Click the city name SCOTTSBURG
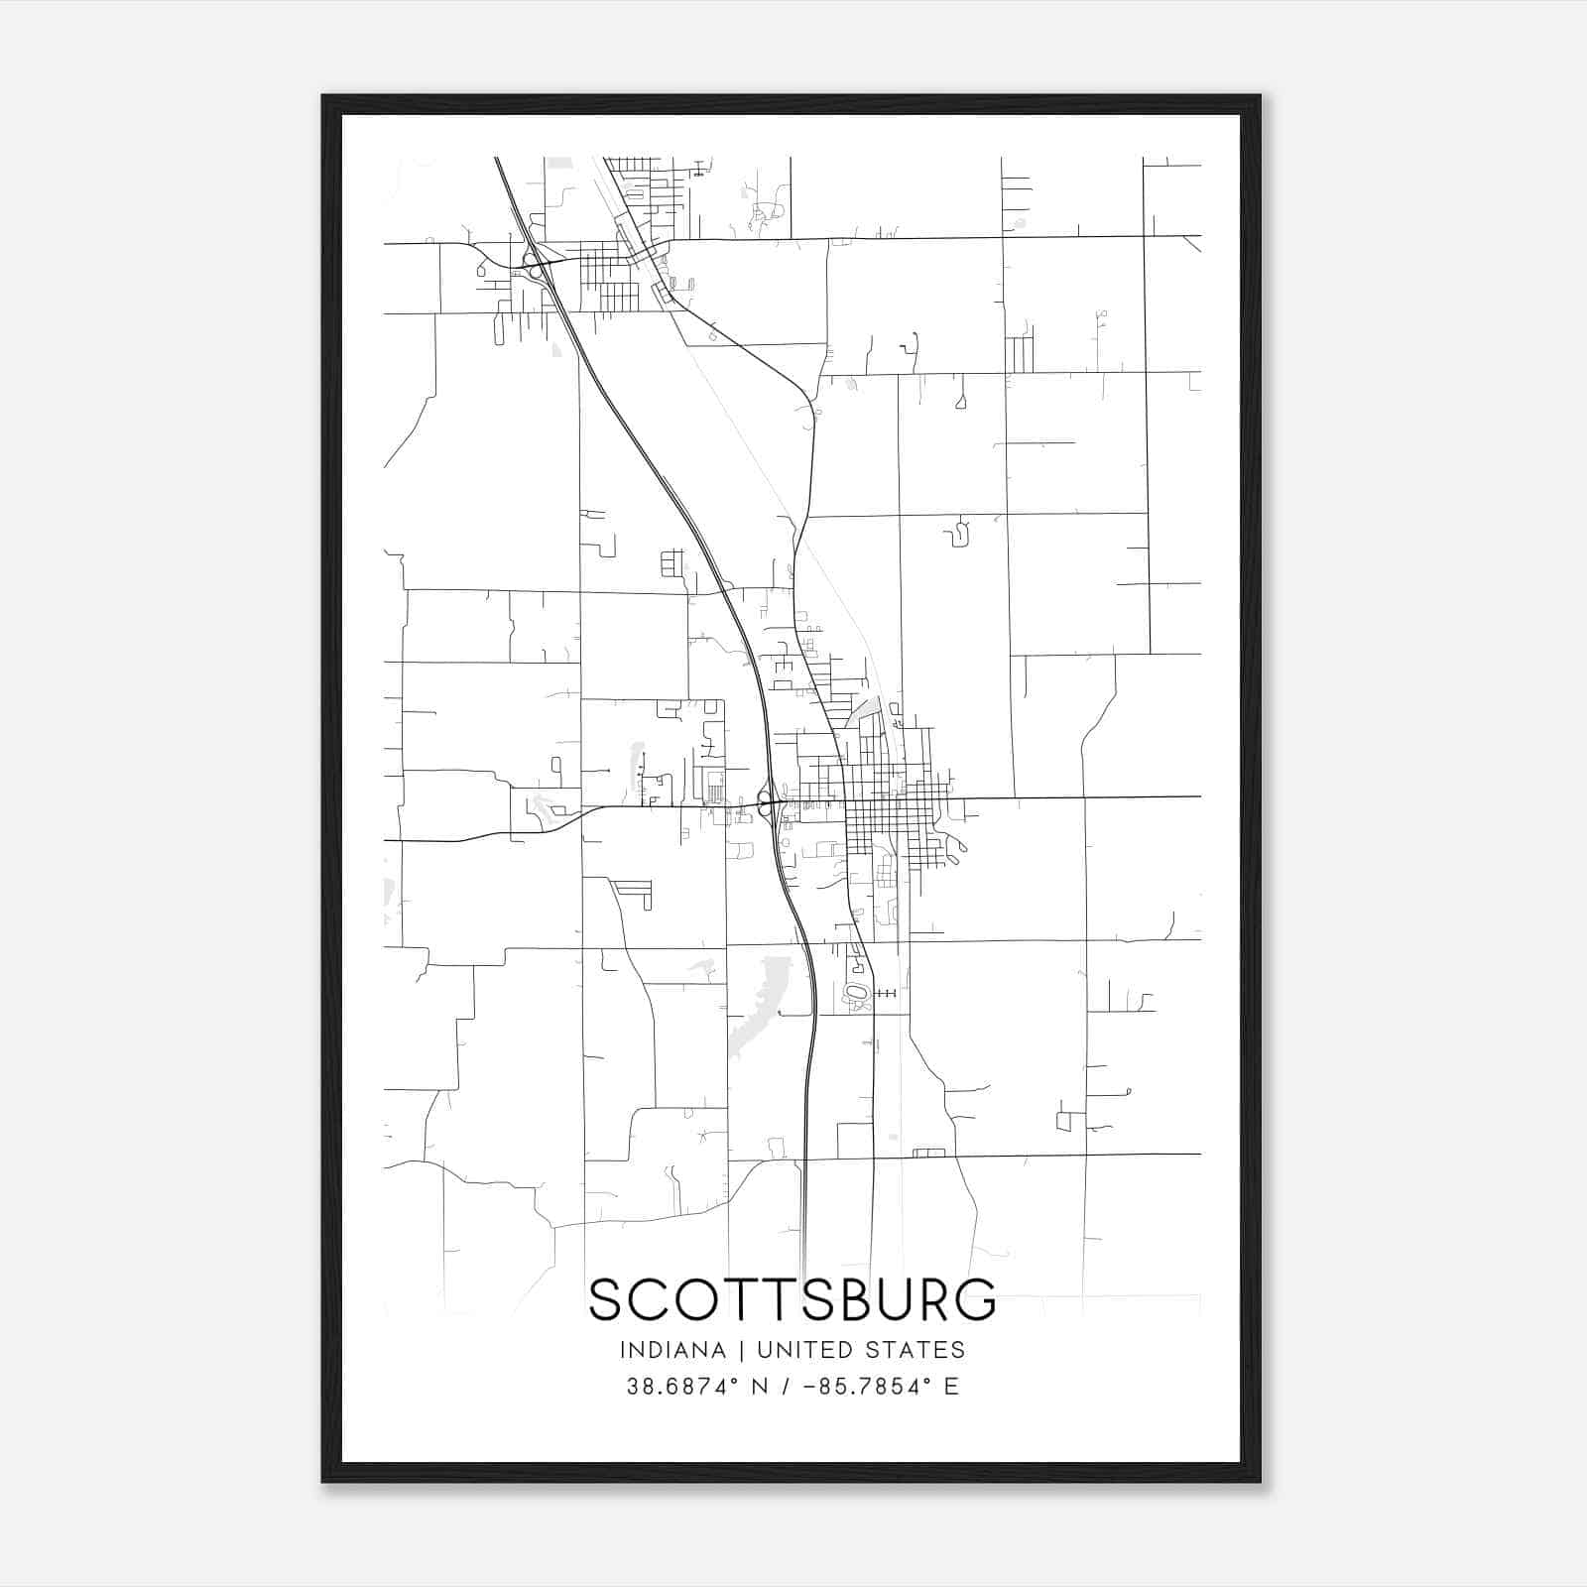coord(792,1299)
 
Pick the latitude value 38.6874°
coord(683,1387)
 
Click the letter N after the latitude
coord(760,1387)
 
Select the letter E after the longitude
coord(952,1387)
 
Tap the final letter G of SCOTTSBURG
coord(977,1299)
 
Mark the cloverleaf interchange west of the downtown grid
coord(765,801)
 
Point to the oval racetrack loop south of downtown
coord(855,992)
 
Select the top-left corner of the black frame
coord(323,97)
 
